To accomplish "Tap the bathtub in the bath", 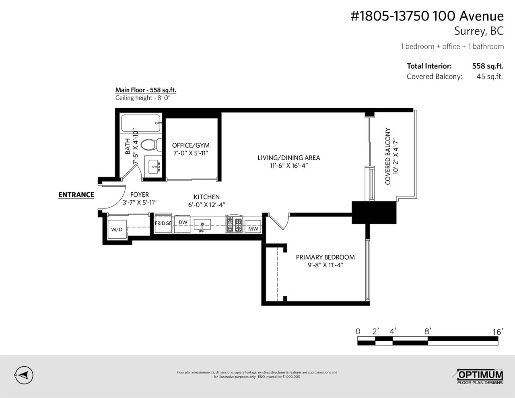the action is click(x=141, y=123).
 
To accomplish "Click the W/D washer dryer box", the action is click(x=117, y=229).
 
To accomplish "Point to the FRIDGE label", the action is click(x=163, y=223).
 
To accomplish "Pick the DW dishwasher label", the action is click(x=183, y=223).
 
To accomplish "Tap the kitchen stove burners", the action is click(x=234, y=225).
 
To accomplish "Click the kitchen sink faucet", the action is click(x=202, y=227).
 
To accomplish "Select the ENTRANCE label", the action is click(x=76, y=195).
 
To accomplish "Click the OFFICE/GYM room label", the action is click(x=191, y=145).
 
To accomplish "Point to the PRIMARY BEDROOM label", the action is click(x=325, y=257).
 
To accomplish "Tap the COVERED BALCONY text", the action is click(x=388, y=156).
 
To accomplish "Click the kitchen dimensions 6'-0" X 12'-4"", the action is click(x=207, y=205).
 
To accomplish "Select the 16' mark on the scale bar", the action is click(x=498, y=332).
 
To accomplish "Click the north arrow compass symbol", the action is click(x=24, y=375).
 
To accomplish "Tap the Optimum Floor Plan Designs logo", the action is click(x=478, y=376).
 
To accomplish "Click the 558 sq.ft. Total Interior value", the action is click(x=488, y=66).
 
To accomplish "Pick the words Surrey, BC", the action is click(x=479, y=31).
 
